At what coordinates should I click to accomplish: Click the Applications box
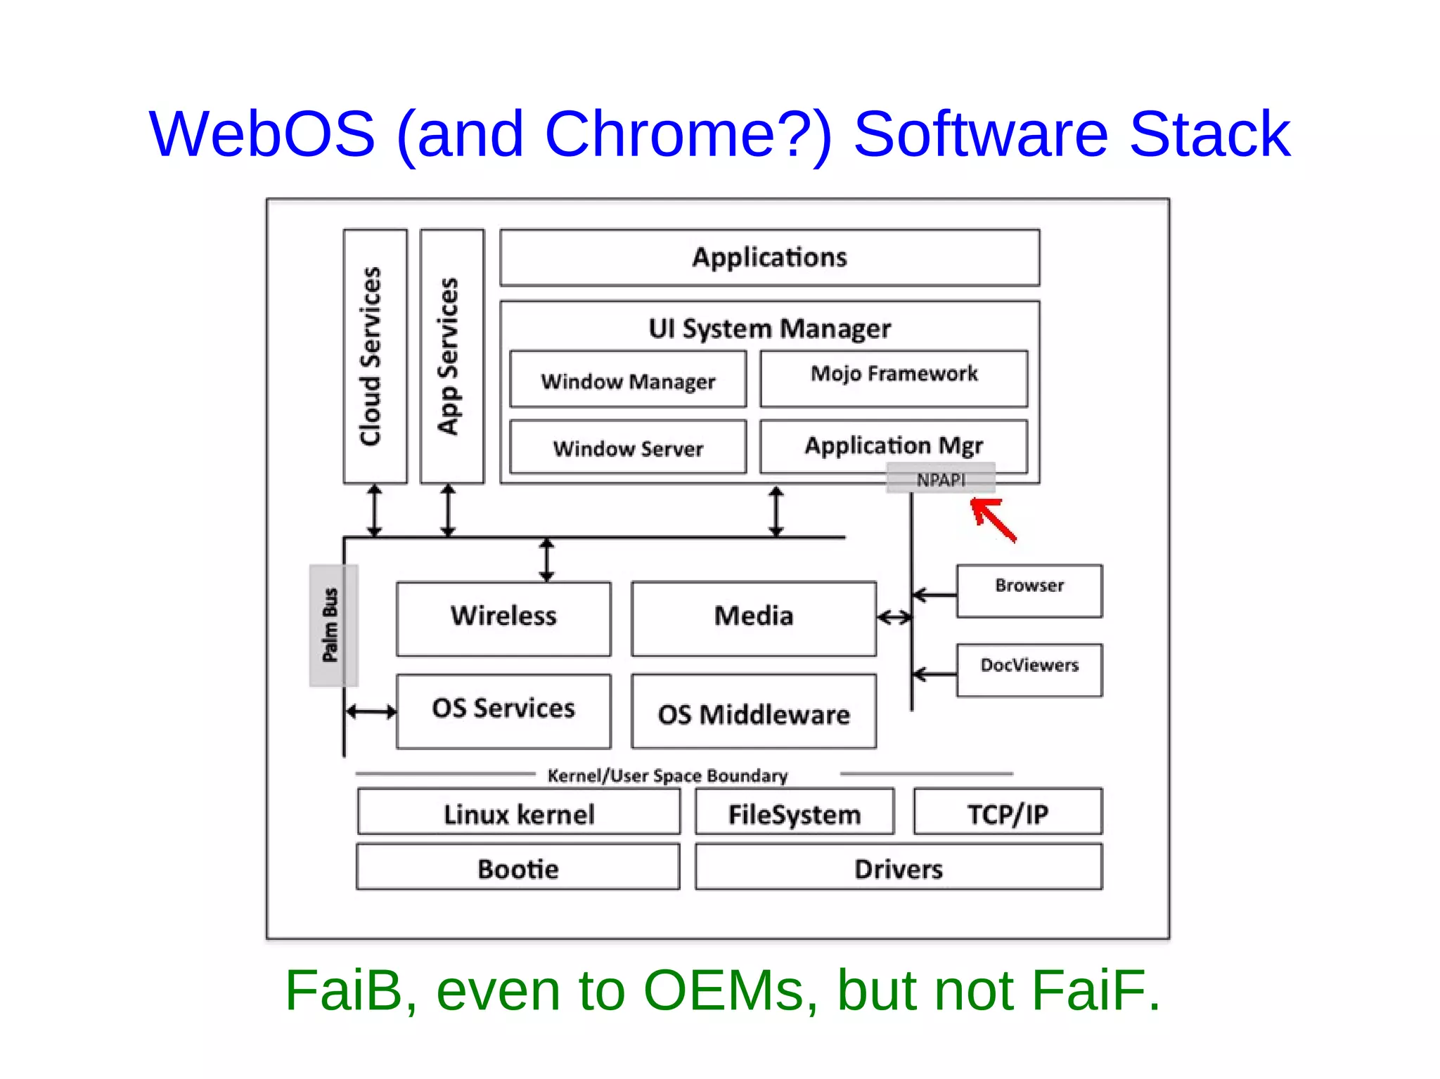[769, 257]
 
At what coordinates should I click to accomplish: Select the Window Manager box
[627, 380]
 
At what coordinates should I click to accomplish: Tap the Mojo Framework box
[894, 378]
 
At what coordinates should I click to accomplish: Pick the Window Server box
[627, 447]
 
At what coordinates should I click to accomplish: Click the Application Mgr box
[893, 446]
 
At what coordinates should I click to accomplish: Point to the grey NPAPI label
[941, 479]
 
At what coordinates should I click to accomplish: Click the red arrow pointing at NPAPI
[993, 519]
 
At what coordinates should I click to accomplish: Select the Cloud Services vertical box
[375, 356]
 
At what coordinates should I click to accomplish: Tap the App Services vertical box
[451, 356]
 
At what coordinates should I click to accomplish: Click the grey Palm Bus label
[333, 625]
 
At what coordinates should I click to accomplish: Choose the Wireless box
[503, 619]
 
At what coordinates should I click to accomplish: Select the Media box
[754, 619]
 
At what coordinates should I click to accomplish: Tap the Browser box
[1029, 591]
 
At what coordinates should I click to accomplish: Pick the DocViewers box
[1029, 670]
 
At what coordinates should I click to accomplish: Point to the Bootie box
[518, 867]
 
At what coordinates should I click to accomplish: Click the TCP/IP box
[1008, 812]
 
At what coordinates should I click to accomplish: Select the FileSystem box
[795, 812]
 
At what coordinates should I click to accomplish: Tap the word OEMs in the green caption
[731, 990]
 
